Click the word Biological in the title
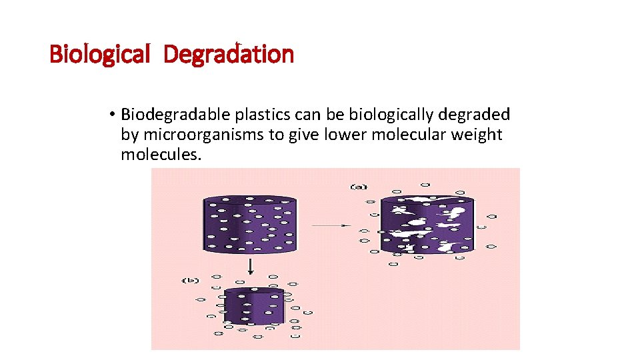[x=100, y=54]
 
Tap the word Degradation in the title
[x=228, y=54]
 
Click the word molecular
[x=409, y=135]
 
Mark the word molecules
[x=161, y=155]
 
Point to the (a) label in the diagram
[x=359, y=187]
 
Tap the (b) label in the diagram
[x=191, y=281]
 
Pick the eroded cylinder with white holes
[x=427, y=225]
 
